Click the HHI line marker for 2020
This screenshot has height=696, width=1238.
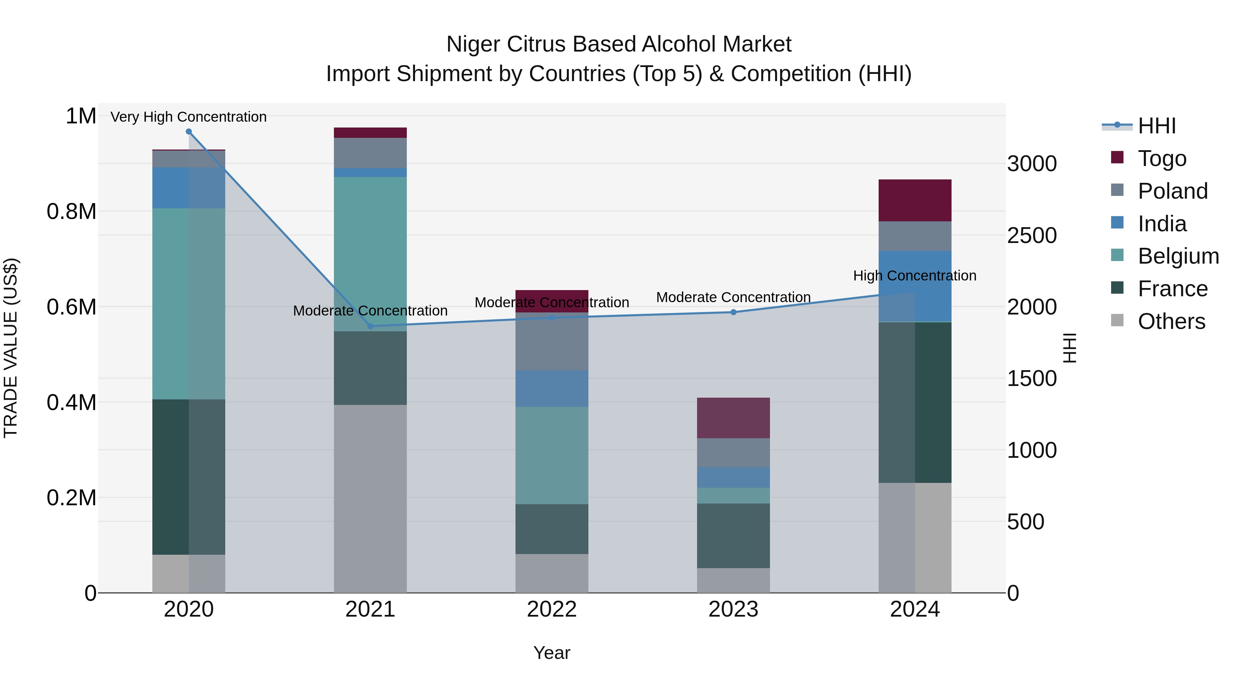coord(188,132)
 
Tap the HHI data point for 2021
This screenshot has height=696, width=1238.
coord(370,326)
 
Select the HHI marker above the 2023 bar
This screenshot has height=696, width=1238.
coord(734,312)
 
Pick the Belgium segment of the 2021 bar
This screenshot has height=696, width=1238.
coord(370,254)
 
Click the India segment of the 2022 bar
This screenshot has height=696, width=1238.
coord(552,389)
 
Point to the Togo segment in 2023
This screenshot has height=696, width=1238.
coord(734,418)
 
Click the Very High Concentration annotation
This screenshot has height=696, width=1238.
coord(188,117)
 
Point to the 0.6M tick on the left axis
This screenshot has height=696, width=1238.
coord(72,307)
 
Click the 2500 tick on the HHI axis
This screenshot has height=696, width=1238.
coord(1031,235)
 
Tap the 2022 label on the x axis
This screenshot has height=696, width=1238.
coord(552,609)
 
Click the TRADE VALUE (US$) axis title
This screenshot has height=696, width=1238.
coord(11,348)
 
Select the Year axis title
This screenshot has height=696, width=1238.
coord(552,653)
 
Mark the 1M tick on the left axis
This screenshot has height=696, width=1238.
coord(81,116)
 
